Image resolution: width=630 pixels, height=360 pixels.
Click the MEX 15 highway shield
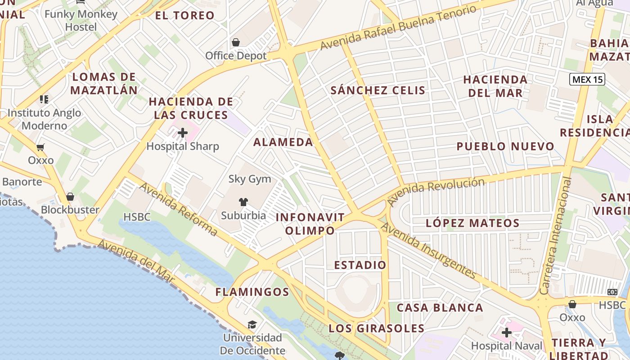[x=587, y=80]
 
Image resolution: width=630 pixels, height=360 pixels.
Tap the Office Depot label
[x=236, y=56]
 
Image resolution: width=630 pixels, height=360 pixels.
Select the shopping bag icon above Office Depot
[x=235, y=43]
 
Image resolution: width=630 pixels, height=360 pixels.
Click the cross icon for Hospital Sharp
[x=183, y=133]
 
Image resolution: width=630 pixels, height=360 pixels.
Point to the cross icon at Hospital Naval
[x=507, y=333]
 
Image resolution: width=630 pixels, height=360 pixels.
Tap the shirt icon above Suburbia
[x=243, y=202]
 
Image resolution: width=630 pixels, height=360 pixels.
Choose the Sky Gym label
[x=250, y=179]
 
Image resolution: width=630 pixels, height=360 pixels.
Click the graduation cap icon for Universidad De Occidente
[x=252, y=324]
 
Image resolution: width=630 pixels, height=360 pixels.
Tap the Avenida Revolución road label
[x=436, y=191]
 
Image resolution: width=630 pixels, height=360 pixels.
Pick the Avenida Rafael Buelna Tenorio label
[x=398, y=28]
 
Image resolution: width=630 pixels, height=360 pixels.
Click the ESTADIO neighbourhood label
[x=360, y=265]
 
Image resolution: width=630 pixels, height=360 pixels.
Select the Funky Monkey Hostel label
[x=81, y=20]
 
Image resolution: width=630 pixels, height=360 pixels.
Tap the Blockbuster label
[x=70, y=210]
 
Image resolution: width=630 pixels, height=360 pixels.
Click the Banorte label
[x=22, y=182]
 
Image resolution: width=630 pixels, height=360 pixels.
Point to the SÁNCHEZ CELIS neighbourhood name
[x=378, y=90]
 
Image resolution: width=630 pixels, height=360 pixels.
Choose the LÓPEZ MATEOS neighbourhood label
[x=472, y=223]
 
